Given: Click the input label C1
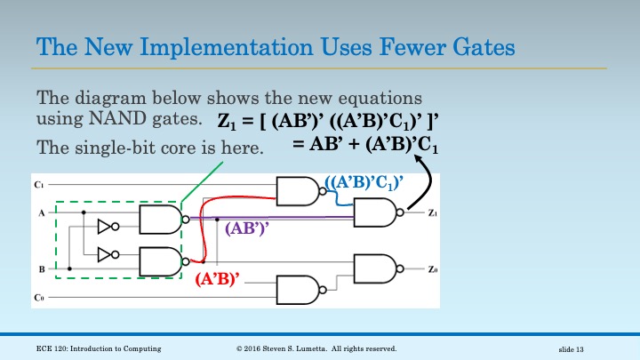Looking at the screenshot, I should [39, 184].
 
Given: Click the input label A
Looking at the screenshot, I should [39, 213].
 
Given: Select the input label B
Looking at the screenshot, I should [39, 267].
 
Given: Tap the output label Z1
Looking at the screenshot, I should [431, 213].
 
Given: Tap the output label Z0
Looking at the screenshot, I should [431, 268].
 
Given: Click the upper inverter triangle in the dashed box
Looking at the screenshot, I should [106, 226].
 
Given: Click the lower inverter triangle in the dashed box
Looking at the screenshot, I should [106, 254].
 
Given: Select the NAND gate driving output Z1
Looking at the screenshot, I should [380, 213].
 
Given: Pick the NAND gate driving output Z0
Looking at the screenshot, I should [380, 268].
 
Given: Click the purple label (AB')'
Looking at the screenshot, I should [249, 228].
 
